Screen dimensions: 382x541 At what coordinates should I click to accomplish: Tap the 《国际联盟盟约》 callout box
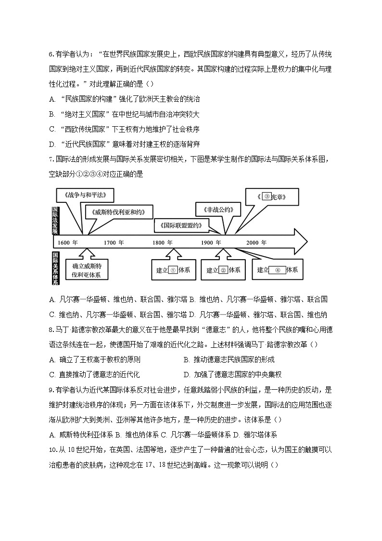point(182,224)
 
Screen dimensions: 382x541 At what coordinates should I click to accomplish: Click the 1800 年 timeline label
point(163,242)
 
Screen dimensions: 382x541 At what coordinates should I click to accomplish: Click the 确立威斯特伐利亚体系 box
point(87,270)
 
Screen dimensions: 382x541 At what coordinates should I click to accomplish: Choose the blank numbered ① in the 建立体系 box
point(173,270)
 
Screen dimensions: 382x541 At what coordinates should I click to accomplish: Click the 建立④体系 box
point(277,270)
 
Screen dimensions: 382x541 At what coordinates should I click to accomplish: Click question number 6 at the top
point(51,55)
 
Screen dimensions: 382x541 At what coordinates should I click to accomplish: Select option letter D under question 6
point(52,144)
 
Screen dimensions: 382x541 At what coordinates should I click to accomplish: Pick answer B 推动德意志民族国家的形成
point(229,360)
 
